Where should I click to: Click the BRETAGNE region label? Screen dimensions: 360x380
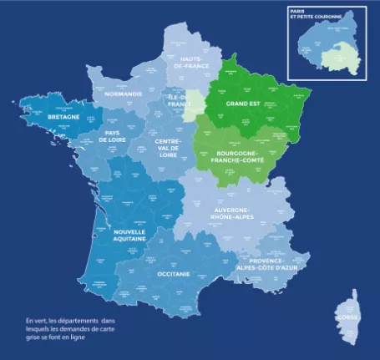(63, 119)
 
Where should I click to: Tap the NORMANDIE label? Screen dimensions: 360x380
(123, 94)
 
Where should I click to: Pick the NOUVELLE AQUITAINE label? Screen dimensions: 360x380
(129, 235)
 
